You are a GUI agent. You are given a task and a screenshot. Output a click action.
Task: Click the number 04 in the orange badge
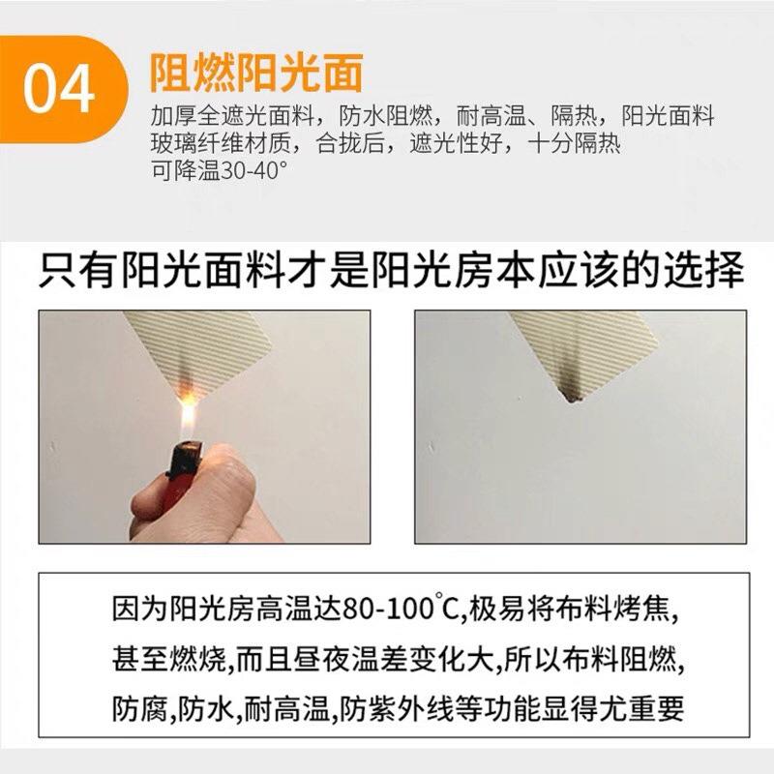(x=60, y=89)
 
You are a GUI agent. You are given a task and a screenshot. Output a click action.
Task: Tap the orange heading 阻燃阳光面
(x=255, y=74)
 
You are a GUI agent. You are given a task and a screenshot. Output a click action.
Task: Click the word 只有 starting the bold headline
(x=77, y=269)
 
